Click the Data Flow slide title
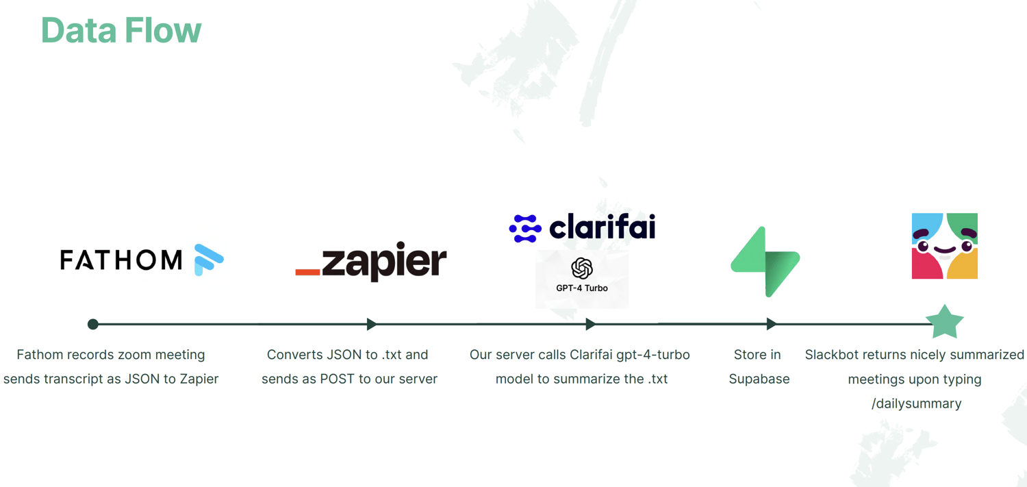coord(121,30)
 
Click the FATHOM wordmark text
coord(121,260)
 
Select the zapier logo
coord(371,261)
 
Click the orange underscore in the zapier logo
coord(307,272)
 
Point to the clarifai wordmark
coord(603,227)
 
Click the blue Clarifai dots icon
coord(525,229)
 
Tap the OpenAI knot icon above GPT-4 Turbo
coord(582,268)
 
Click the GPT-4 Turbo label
coord(582,288)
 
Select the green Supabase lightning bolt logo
coord(765,262)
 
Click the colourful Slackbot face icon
coord(944,246)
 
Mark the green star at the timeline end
coord(945,322)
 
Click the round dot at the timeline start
coord(93,324)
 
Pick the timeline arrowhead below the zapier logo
coord(371,324)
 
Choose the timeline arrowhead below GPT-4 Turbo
coord(590,324)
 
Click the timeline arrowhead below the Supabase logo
coord(772,324)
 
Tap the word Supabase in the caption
coord(759,379)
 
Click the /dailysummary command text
coord(916,403)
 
